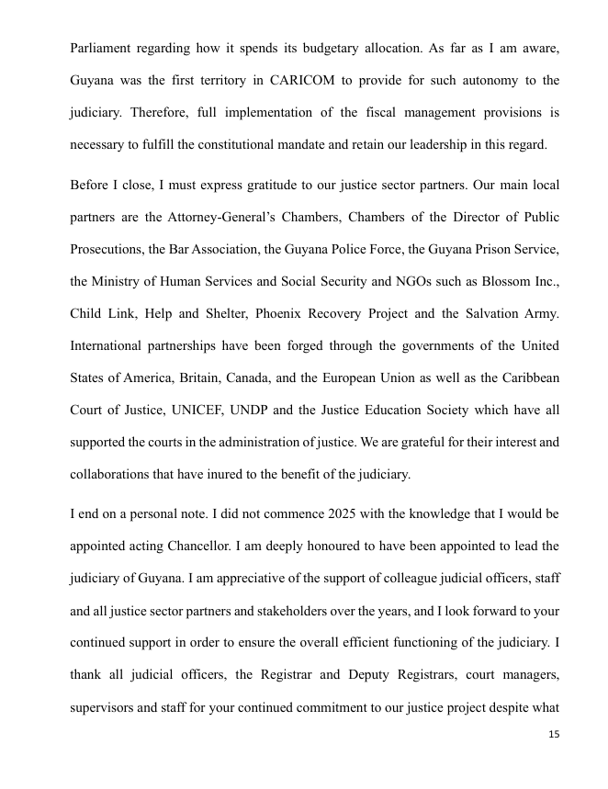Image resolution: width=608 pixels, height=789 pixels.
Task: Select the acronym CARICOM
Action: click(304, 81)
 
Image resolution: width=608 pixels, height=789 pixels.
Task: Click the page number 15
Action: click(553, 735)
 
